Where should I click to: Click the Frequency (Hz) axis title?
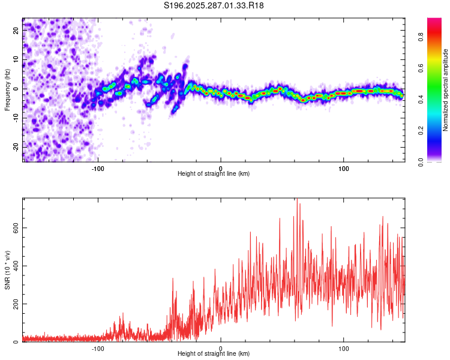coord(7,90)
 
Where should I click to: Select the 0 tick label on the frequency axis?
coord(17,88)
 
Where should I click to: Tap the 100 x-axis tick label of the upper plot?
coord(344,168)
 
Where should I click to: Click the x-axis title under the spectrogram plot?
coord(214,174)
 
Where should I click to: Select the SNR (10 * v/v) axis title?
coord(7,269)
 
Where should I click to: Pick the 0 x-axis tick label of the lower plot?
coord(221,348)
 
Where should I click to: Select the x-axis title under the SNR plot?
coord(214,354)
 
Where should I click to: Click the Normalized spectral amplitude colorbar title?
coord(445,90)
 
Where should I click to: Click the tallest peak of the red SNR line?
coord(296,200)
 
